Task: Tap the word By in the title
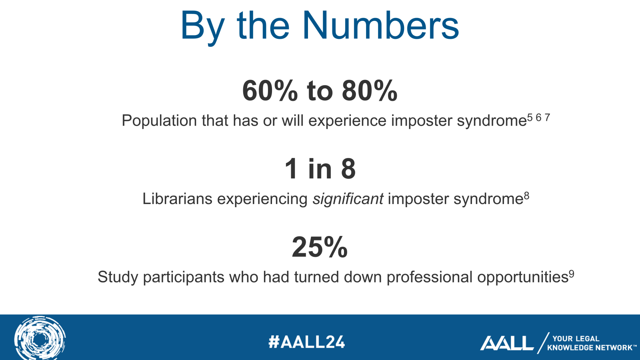(202, 28)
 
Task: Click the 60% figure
(270, 90)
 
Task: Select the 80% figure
(370, 90)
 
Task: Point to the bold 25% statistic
(320, 247)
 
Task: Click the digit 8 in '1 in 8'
(348, 169)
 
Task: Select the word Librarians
(177, 198)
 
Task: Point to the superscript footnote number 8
(526, 196)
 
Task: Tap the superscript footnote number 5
(530, 118)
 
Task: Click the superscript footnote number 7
(547, 118)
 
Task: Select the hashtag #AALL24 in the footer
(306, 342)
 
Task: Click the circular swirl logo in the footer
(40, 338)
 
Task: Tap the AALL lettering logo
(506, 343)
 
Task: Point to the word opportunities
(522, 278)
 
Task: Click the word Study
(118, 278)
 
